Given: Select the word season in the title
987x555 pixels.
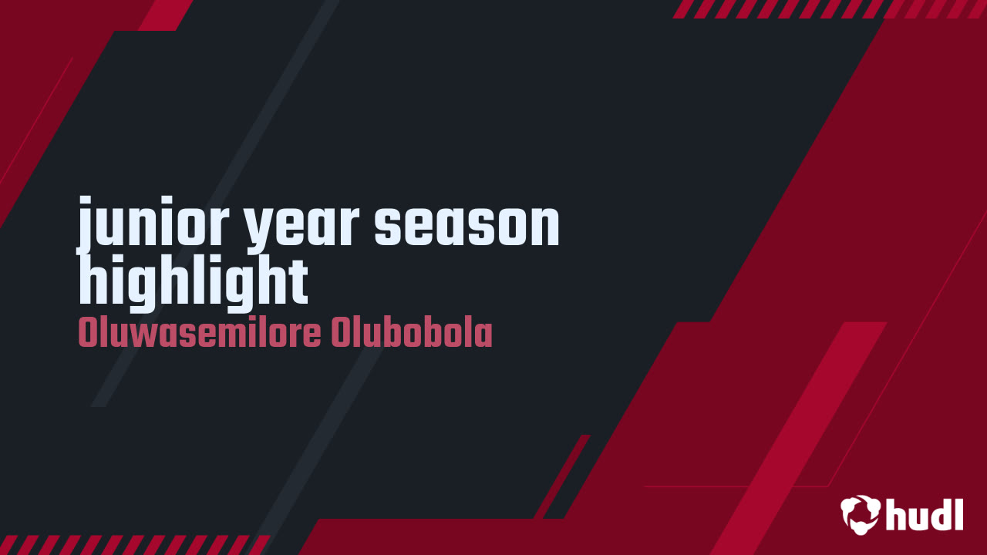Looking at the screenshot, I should (467, 224).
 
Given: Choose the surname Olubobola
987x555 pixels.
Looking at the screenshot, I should (412, 334).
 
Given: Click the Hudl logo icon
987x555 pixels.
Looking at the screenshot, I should (861, 514).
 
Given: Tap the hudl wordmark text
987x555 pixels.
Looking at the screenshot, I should (925, 514).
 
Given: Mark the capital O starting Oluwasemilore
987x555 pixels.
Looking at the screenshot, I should (86, 334).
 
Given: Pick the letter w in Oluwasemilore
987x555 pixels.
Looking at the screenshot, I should (137, 336).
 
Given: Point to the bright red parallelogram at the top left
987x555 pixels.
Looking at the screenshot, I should (165, 14).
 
